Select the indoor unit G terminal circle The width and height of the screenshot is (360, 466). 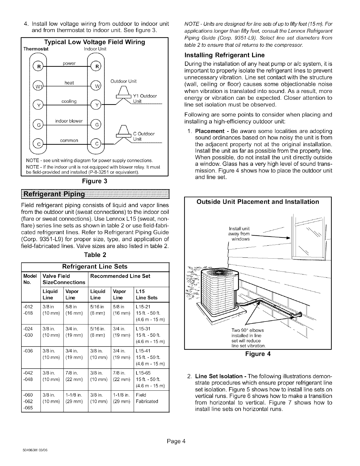(x=96, y=124)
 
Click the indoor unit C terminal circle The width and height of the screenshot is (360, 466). (x=96, y=144)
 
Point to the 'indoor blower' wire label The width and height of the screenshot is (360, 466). (x=69, y=121)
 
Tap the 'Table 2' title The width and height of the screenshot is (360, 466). (x=95, y=254)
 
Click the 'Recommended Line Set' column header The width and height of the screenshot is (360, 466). (x=120, y=276)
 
